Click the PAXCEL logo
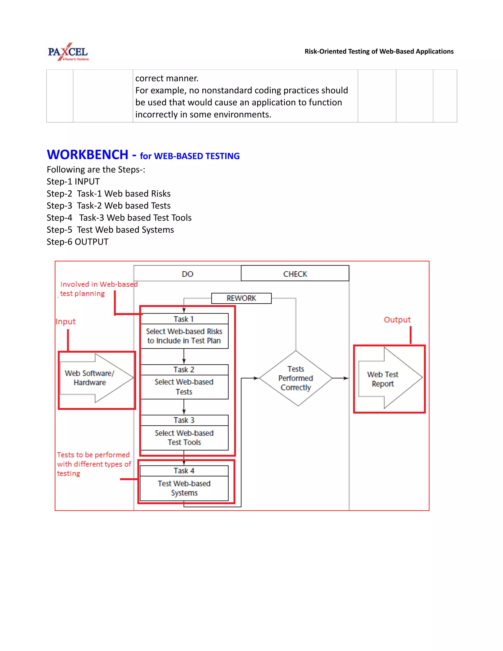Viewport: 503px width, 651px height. pyautogui.click(x=68, y=52)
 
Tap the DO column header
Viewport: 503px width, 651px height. pyautogui.click(x=187, y=274)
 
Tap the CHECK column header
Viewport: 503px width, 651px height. pyautogui.click(x=295, y=274)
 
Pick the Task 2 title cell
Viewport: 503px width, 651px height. pyautogui.click(x=184, y=370)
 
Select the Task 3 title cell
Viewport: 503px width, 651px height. pyautogui.click(x=184, y=420)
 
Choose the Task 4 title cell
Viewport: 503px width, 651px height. pyautogui.click(x=184, y=471)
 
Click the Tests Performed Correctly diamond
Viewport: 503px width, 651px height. pyautogui.click(x=296, y=378)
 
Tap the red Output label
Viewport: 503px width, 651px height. pyautogui.click(x=397, y=320)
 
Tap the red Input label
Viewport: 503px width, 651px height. pyautogui.click(x=66, y=322)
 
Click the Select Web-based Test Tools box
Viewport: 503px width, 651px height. pyautogui.click(x=184, y=438)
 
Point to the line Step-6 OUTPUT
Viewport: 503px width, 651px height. pyautogui.click(x=77, y=242)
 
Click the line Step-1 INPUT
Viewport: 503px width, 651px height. pyautogui.click(x=73, y=182)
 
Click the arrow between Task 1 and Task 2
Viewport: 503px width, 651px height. pyautogui.click(x=184, y=356)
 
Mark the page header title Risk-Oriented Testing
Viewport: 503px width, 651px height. pyautogui.click(x=379, y=51)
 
